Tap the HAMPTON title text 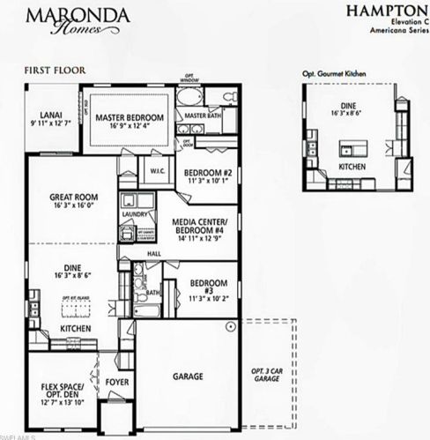click(x=387, y=11)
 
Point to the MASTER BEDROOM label click(x=130, y=116)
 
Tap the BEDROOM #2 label click(x=208, y=174)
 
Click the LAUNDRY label click(x=135, y=213)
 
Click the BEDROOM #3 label click(x=209, y=287)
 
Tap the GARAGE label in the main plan click(x=187, y=377)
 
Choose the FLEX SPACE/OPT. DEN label click(x=62, y=392)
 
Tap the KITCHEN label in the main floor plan click(x=74, y=328)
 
